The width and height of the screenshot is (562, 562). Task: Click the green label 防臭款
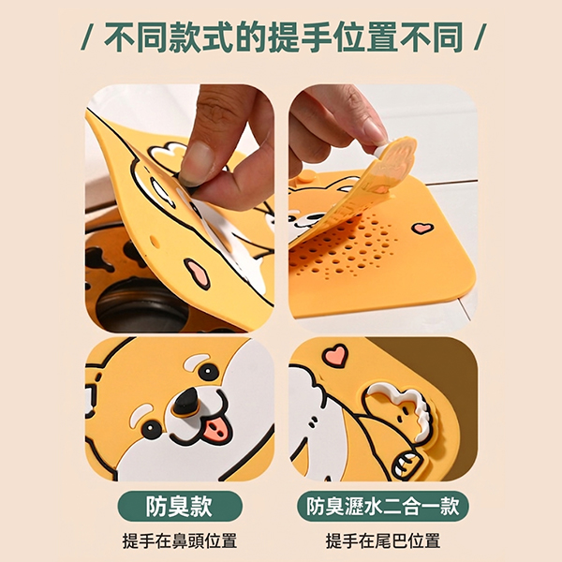180,506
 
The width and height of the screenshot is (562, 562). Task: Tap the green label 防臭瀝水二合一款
382,506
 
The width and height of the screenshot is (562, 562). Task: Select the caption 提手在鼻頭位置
180,540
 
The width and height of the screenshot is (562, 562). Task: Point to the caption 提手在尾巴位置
382,540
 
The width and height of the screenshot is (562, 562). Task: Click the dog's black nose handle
186,402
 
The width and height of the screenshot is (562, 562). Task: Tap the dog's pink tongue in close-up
217,428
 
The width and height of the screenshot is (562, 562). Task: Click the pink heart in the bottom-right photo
335,355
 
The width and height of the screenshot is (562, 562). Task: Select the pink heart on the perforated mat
422,228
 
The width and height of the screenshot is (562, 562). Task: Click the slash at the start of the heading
86,37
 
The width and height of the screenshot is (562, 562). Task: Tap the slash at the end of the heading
480,37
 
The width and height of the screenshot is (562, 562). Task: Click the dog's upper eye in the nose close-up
208,372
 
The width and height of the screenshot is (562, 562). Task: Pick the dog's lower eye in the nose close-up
151,429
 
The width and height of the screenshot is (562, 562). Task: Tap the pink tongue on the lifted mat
197,274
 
